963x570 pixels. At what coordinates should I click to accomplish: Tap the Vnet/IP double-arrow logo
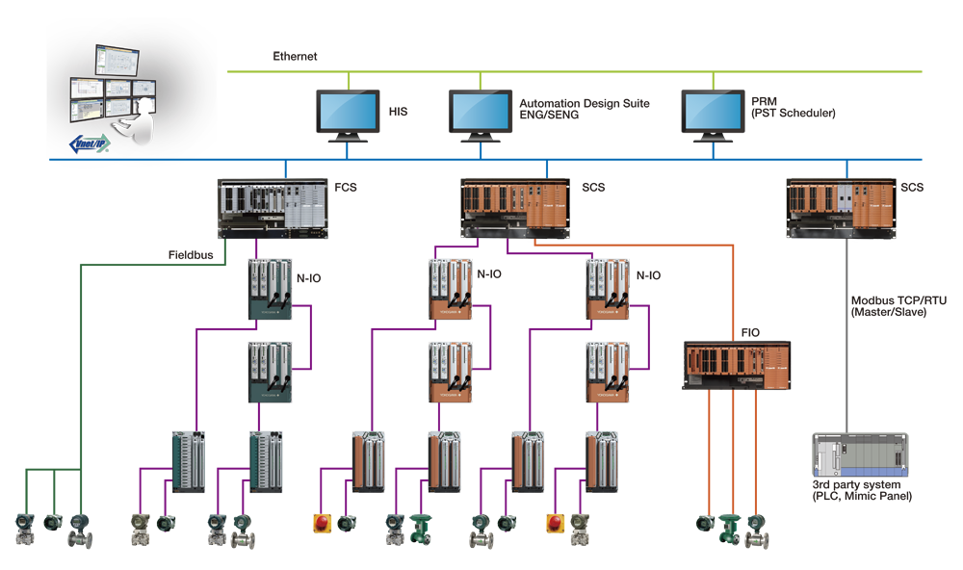(x=90, y=143)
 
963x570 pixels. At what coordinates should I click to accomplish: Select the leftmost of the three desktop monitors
(x=348, y=115)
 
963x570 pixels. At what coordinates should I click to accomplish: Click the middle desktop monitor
(x=481, y=115)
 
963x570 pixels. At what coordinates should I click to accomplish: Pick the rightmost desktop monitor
(x=713, y=115)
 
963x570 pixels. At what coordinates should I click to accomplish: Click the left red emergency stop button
(x=321, y=523)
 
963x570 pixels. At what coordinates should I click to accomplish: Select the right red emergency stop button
(x=556, y=523)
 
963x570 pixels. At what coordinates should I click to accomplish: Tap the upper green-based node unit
(x=269, y=289)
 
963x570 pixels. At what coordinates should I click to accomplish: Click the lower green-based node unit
(x=269, y=376)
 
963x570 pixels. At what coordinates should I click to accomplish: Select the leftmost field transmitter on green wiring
(x=23, y=531)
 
